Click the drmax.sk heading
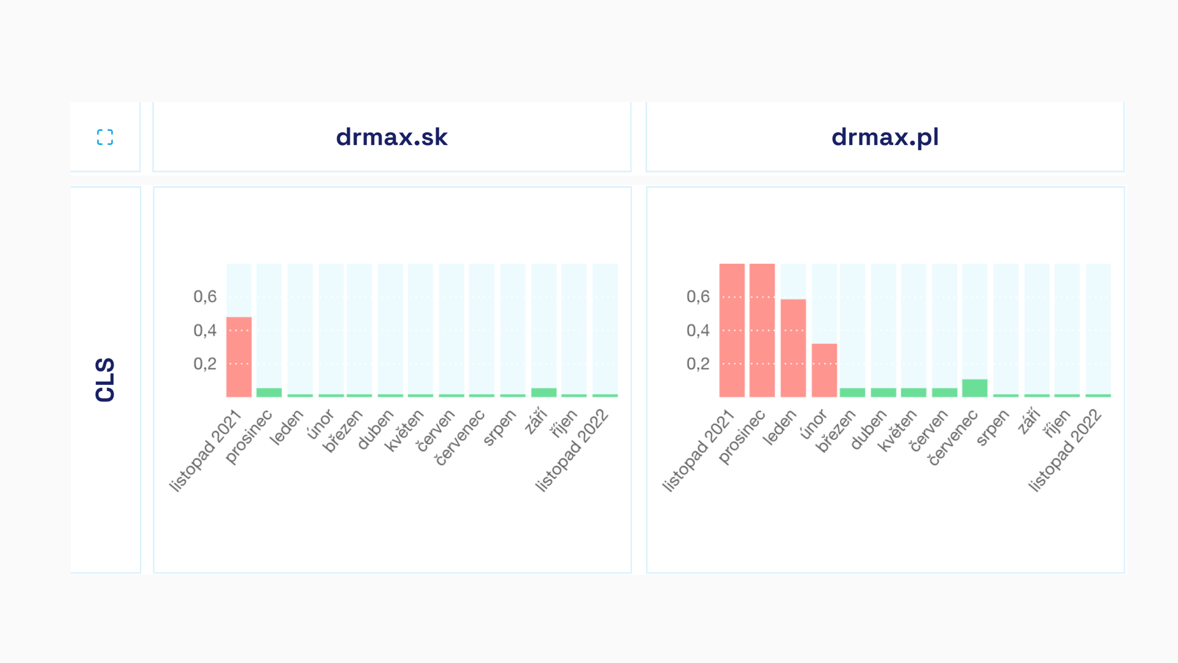click(391, 137)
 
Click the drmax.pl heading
click(885, 137)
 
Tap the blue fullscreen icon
click(105, 137)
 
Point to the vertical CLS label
click(106, 380)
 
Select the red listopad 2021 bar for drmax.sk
click(239, 357)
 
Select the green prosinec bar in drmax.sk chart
click(269, 392)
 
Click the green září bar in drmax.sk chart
click(544, 392)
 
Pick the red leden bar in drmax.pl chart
click(793, 347)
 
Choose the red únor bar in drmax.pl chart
click(824, 370)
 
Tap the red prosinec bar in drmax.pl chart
click(762, 330)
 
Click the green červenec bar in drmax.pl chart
click(974, 388)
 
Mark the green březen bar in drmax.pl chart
click(852, 392)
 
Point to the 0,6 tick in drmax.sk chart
click(205, 297)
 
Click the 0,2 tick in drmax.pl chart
click(698, 363)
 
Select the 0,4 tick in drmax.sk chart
click(205, 330)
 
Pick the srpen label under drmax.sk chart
click(499, 427)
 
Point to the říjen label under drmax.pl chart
click(1056, 424)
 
